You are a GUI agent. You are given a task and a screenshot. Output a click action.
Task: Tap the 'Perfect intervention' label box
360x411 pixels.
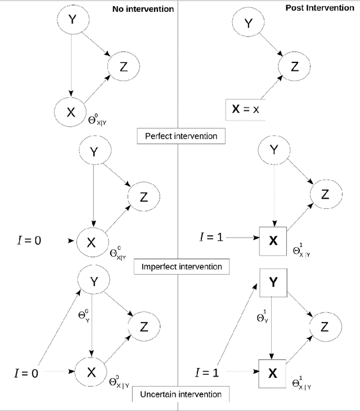[178, 136]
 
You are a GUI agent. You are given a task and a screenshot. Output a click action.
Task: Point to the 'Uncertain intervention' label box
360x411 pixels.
[178, 395]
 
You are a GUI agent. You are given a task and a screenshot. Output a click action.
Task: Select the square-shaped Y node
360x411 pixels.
[273, 283]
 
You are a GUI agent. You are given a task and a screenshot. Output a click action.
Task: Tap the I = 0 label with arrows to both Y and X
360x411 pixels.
[26, 372]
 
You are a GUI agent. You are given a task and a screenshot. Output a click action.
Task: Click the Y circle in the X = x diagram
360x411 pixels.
[249, 24]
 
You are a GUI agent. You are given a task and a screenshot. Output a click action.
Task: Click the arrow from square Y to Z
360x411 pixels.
[299, 306]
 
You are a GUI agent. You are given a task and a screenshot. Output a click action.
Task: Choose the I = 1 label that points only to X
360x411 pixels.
[210, 237]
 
